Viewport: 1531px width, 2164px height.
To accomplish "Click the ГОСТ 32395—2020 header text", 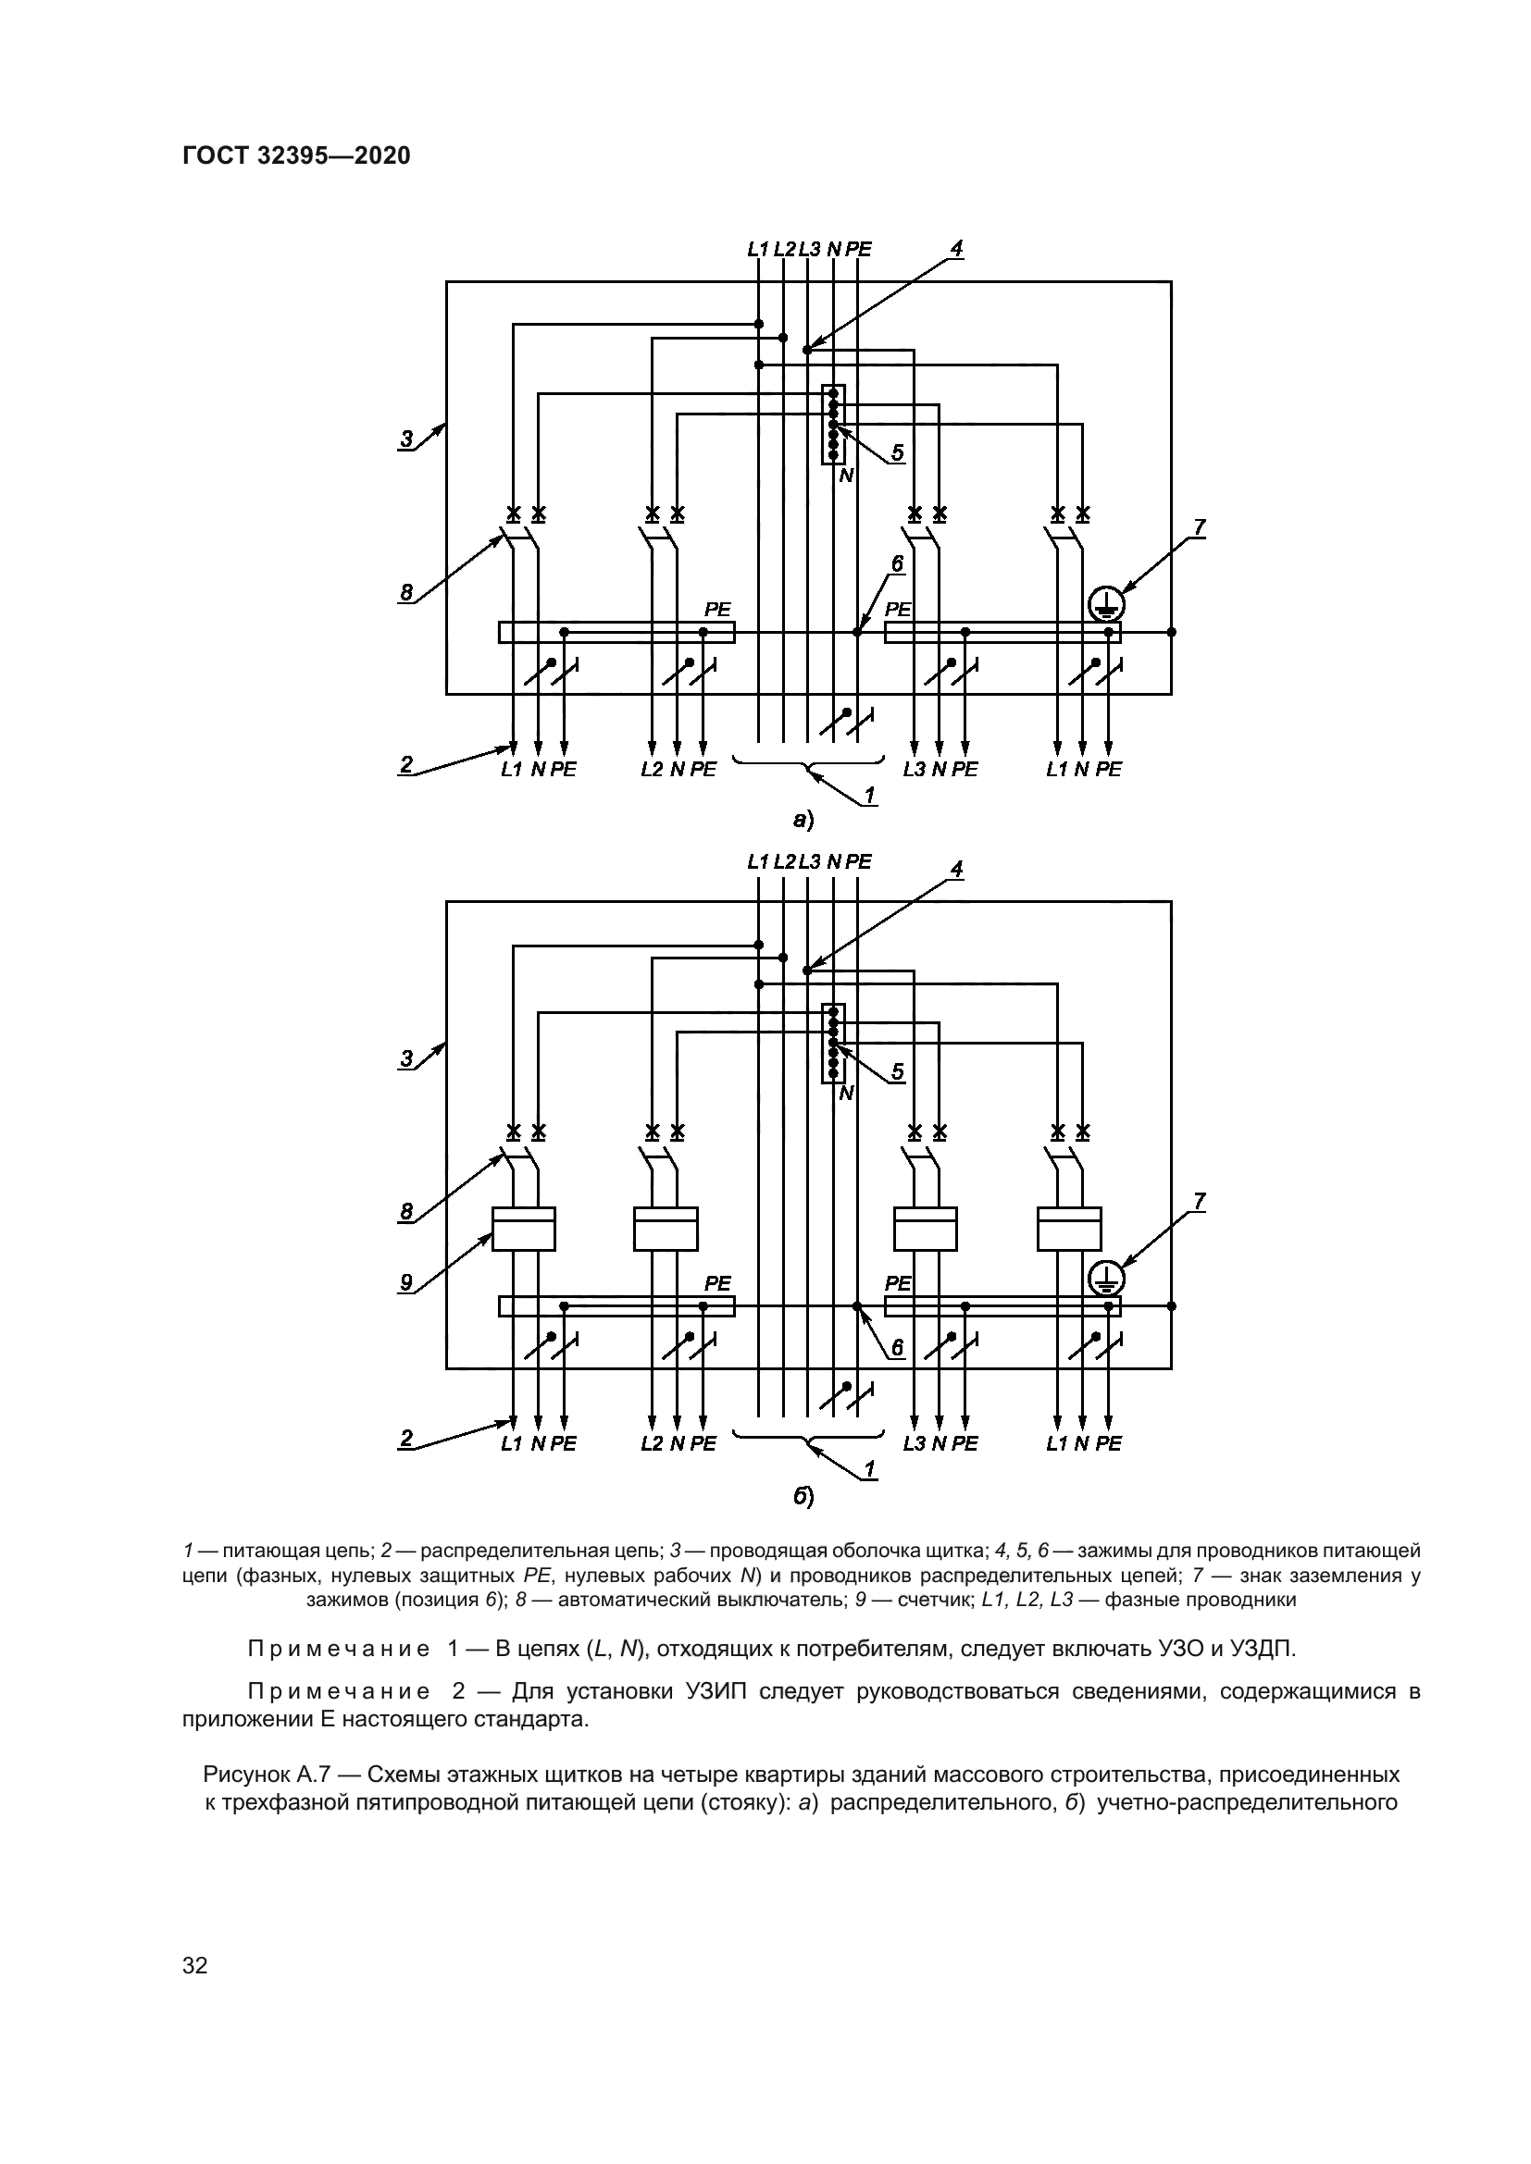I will (x=296, y=156).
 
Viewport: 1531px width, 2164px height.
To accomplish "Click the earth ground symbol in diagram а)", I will (x=1105, y=604).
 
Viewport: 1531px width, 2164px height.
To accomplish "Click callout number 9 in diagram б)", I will (x=406, y=1281).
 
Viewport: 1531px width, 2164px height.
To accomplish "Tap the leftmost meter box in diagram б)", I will (x=523, y=1229).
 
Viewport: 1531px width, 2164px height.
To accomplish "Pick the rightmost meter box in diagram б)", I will (x=1069, y=1229).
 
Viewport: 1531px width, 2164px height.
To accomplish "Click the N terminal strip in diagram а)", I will (x=833, y=424).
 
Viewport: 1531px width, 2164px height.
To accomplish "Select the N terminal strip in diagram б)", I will (x=833, y=1044).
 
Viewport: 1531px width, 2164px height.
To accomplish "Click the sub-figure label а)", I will (x=803, y=821).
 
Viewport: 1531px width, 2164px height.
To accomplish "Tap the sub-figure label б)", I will (x=803, y=1497).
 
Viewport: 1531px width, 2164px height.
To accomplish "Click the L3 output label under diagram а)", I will (x=914, y=770).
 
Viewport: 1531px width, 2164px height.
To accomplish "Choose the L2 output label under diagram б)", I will (x=652, y=1444).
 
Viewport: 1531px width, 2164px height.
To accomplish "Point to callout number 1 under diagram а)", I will (x=870, y=795).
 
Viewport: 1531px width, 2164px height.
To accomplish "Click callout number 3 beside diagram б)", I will (x=406, y=1058).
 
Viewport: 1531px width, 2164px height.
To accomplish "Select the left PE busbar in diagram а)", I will (x=616, y=633).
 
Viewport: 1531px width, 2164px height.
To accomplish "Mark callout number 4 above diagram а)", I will (x=956, y=249).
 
